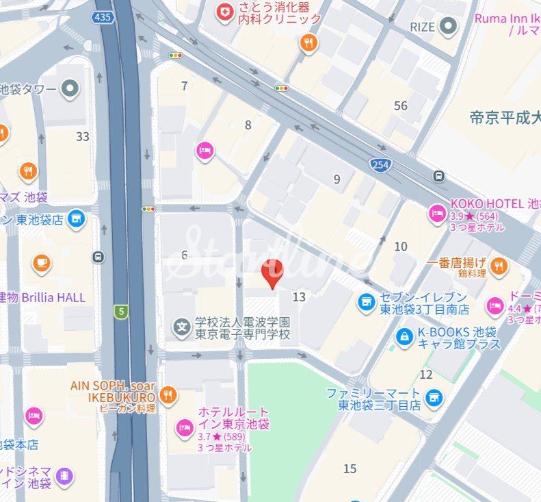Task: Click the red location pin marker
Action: click(273, 272)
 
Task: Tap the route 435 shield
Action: click(104, 16)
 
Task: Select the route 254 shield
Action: click(380, 164)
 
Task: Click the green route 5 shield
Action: click(121, 312)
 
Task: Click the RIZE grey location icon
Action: click(449, 27)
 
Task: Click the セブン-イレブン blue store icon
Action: click(367, 301)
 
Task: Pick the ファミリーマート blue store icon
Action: click(432, 397)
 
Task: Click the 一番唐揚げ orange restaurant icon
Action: click(499, 265)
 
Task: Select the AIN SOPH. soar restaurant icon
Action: click(168, 394)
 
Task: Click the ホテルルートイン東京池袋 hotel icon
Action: click(184, 427)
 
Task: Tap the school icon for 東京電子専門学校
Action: click(182, 327)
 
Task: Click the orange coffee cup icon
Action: click(42, 262)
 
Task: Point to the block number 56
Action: click(401, 105)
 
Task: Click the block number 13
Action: click(299, 297)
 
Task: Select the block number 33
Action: click(83, 136)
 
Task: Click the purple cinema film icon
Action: click(64, 476)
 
